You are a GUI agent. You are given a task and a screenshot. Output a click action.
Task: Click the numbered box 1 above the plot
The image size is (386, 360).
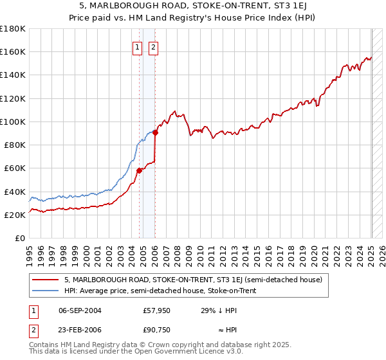[137, 46]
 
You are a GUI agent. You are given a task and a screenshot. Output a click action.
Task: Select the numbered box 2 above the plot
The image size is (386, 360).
[153, 46]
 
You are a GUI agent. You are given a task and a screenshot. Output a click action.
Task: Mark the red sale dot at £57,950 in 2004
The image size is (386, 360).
[139, 170]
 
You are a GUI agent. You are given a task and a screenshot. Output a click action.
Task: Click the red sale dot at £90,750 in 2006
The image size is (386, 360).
[156, 132]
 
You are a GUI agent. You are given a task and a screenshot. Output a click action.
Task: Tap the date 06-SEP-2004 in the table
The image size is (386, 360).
[80, 310]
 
